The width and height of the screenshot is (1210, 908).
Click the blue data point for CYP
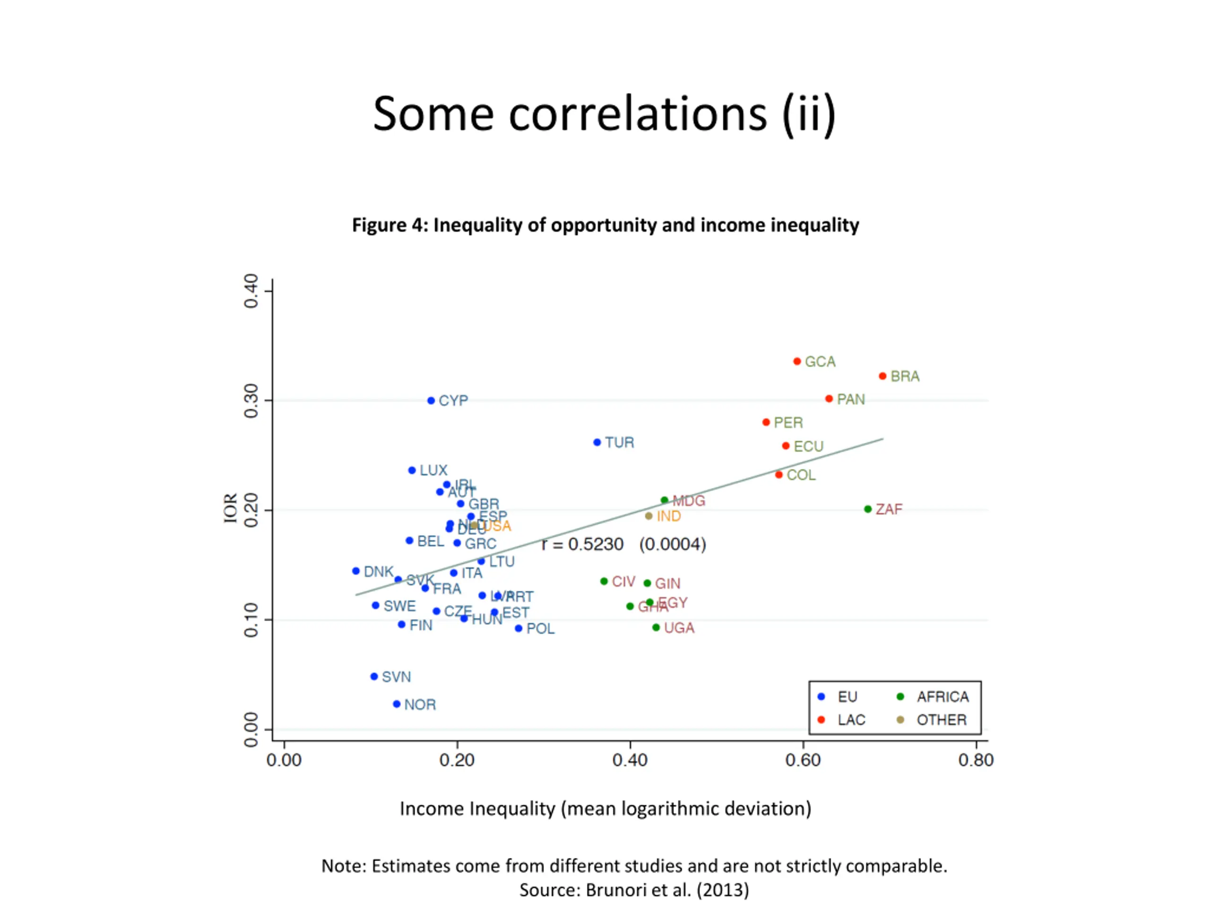[431, 401]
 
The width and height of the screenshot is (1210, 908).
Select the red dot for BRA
[882, 376]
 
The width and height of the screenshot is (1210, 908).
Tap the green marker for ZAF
[868, 509]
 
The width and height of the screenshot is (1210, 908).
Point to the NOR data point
[397, 704]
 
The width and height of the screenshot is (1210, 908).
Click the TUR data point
[597, 442]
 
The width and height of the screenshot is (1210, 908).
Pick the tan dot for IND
[649, 515]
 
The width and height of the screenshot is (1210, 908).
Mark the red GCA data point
[797, 361]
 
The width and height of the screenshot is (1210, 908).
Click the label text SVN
[396, 677]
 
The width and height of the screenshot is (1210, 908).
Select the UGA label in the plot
[679, 628]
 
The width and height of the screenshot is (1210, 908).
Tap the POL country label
[540, 629]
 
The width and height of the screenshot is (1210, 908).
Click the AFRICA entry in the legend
[942, 697]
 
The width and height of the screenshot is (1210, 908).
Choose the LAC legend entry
[851, 720]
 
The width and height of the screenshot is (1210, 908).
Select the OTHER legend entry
[942, 720]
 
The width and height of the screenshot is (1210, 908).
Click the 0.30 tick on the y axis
[251, 401]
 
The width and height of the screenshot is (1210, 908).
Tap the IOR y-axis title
[230, 508]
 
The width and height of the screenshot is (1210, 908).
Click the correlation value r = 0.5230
[582, 545]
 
